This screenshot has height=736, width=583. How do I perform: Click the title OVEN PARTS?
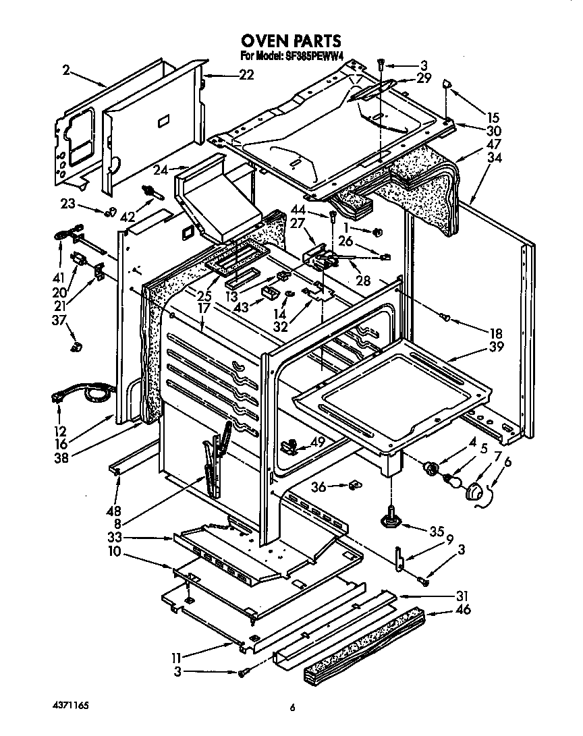(x=291, y=42)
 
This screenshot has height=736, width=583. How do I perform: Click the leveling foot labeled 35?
(x=392, y=517)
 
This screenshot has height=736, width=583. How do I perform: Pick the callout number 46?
(x=463, y=611)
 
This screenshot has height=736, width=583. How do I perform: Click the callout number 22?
(x=227, y=75)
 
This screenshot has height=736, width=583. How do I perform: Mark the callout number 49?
(x=317, y=443)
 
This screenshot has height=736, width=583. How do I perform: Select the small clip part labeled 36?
(x=354, y=484)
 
